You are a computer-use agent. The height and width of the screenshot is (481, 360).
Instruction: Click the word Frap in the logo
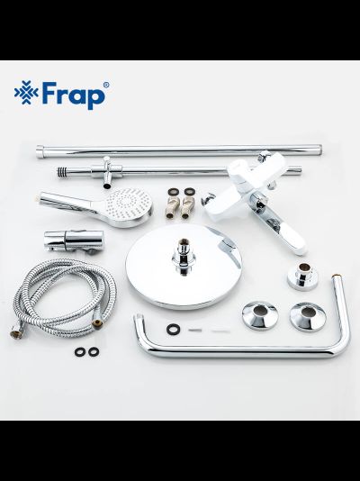(77, 94)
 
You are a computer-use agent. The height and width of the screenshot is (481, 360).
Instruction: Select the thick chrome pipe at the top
(180, 150)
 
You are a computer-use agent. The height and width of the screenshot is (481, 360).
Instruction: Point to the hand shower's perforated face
(127, 209)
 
